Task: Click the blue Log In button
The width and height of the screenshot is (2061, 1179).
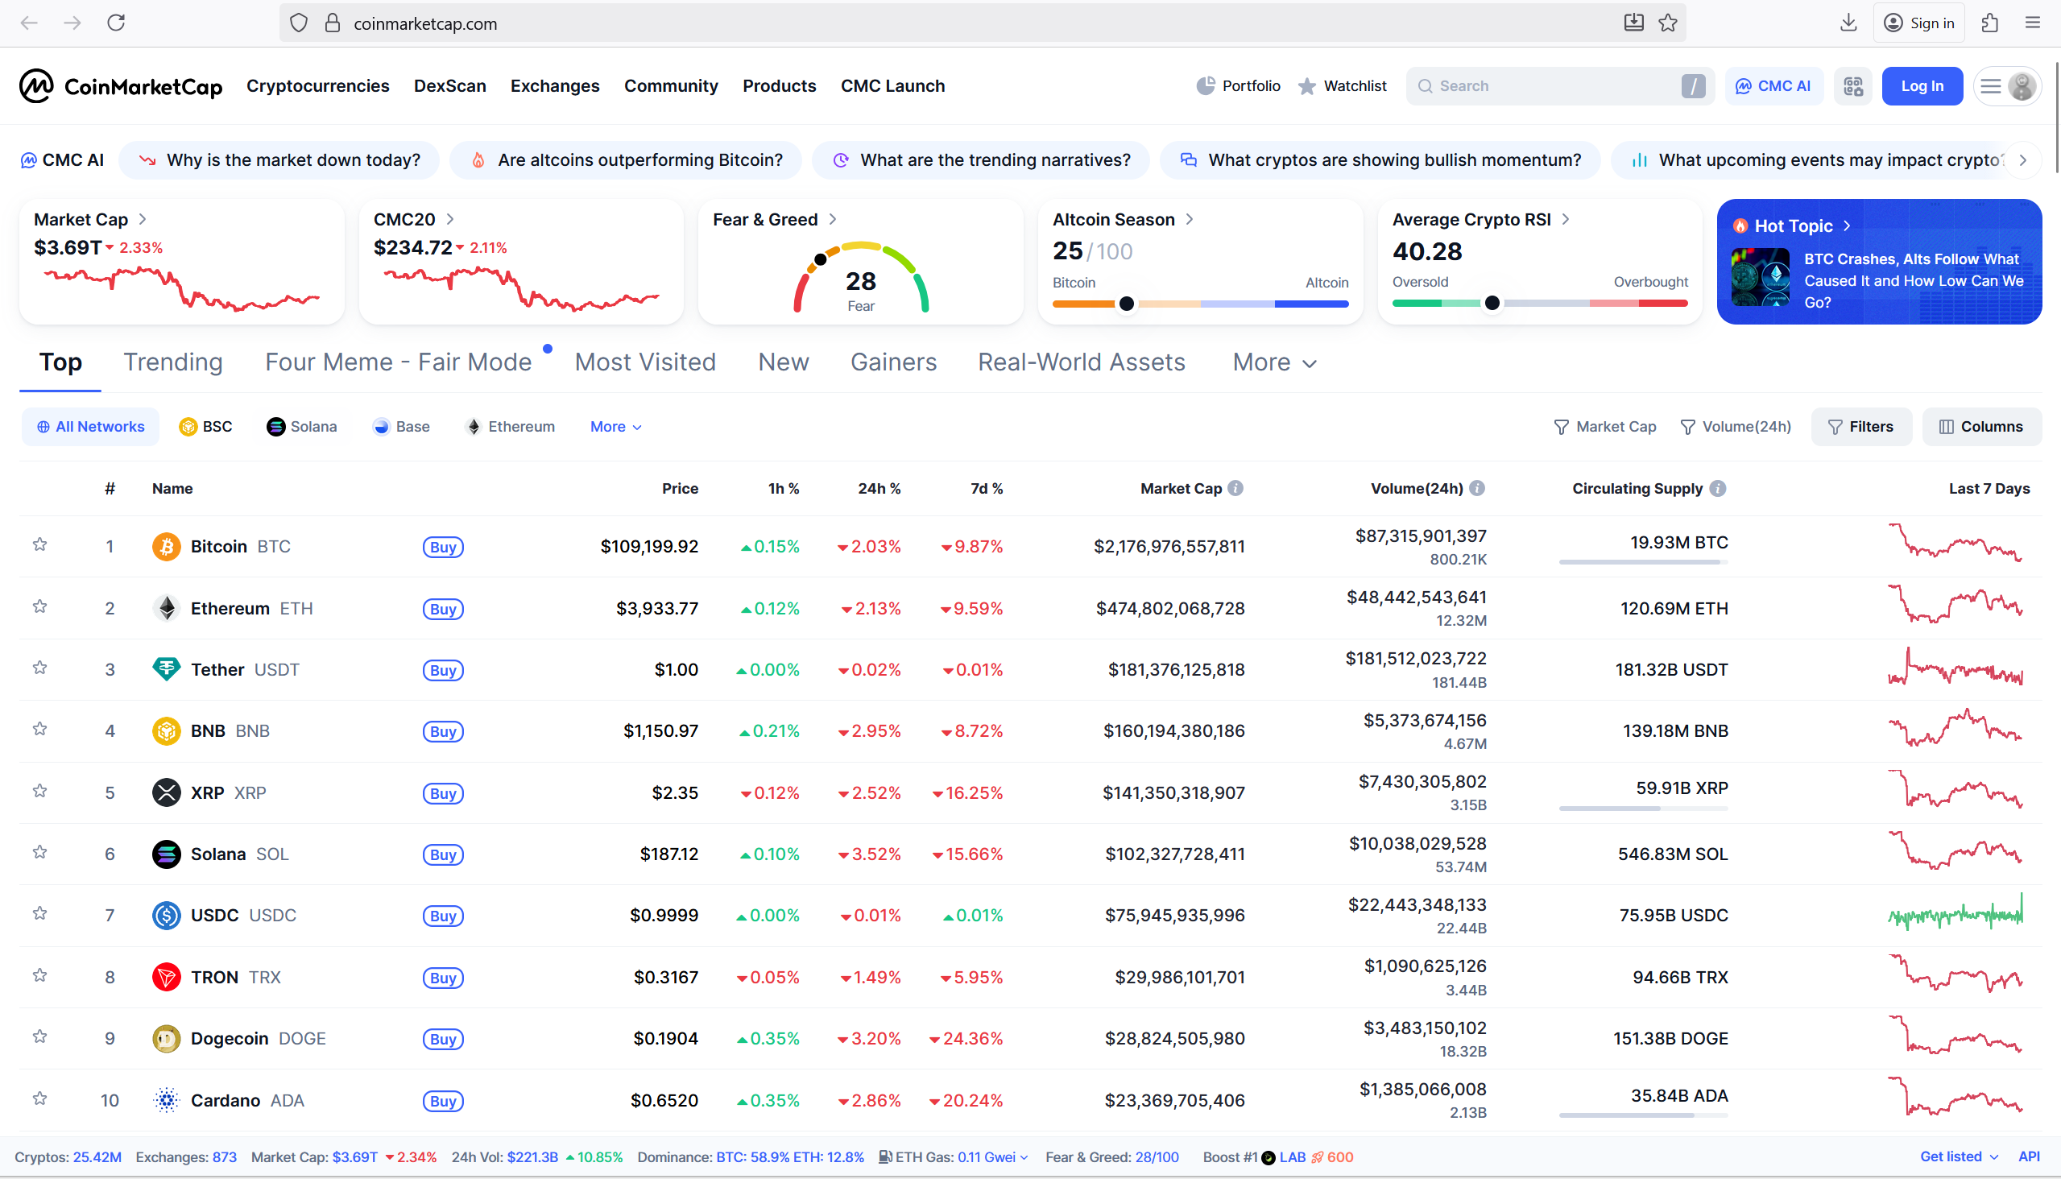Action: click(1922, 86)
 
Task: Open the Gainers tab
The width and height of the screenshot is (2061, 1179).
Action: click(893, 362)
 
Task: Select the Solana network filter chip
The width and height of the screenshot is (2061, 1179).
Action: click(302, 427)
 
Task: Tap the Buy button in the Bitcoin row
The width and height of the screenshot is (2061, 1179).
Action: click(443, 547)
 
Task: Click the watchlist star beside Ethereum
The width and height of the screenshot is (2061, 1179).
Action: click(39, 606)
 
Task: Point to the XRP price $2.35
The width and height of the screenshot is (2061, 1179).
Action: click(675, 792)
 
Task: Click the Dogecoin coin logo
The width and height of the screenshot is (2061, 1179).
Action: click(167, 1038)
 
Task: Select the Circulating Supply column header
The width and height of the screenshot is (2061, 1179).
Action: click(1637, 488)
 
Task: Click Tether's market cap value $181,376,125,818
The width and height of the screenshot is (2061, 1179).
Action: click(1176, 670)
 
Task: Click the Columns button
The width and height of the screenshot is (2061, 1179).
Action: click(1981, 427)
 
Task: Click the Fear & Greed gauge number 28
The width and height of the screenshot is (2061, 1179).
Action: click(861, 281)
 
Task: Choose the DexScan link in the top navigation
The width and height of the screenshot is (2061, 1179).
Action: click(449, 86)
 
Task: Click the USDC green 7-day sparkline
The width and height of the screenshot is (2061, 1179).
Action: click(1955, 915)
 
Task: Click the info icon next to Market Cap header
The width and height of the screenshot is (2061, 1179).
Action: click(1235, 488)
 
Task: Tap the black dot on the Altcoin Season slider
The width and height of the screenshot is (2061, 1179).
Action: click(1127, 304)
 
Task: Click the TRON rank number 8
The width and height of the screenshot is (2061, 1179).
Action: click(110, 978)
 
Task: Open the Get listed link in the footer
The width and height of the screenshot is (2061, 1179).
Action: click(1951, 1156)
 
